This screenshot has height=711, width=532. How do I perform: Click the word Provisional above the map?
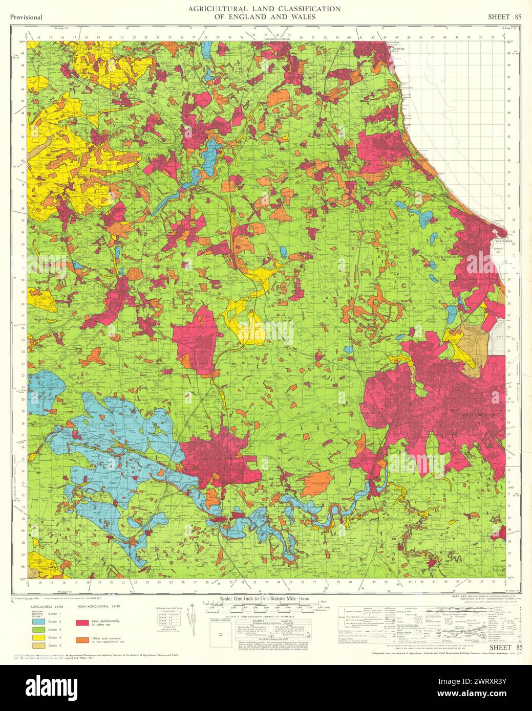[26, 17]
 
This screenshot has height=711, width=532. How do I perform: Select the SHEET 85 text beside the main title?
[504, 17]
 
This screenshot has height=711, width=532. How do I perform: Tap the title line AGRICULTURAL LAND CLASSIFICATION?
[264, 9]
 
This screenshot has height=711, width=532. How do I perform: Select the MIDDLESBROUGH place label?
[478, 414]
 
